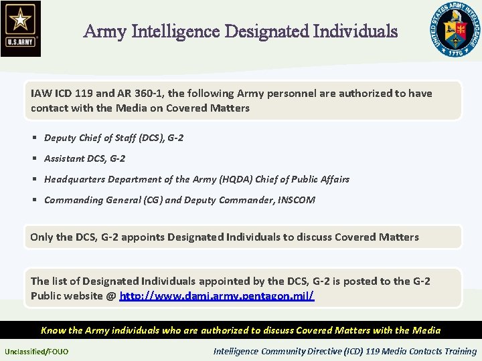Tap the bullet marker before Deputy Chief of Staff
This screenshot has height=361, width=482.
pyautogui.click(x=33, y=138)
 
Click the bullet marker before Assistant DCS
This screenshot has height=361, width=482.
pyautogui.click(x=33, y=159)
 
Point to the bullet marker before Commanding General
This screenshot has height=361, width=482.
pyautogui.click(x=33, y=200)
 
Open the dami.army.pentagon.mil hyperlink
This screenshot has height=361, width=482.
pyautogui.click(x=217, y=295)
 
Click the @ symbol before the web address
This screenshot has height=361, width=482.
pyautogui.click(x=111, y=295)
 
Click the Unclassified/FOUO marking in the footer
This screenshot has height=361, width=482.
pyautogui.click(x=36, y=352)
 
